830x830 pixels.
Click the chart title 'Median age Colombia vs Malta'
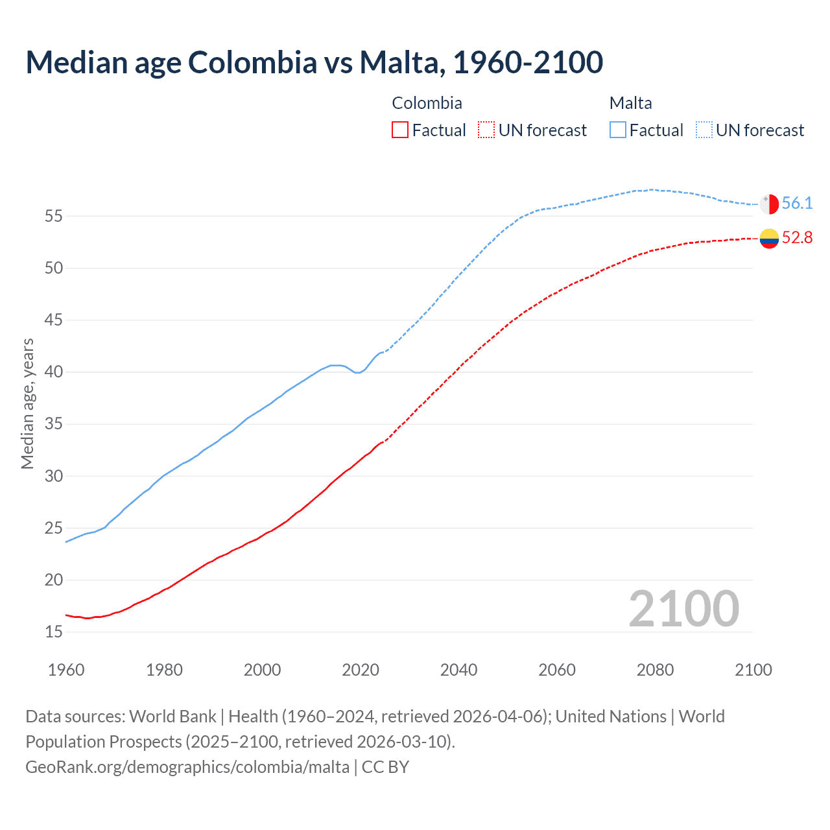click(x=314, y=62)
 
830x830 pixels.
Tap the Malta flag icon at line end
click(x=769, y=204)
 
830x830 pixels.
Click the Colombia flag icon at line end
click(x=769, y=239)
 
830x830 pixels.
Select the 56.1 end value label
click(x=797, y=204)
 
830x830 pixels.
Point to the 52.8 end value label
click(x=797, y=238)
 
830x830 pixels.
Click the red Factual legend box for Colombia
click(x=400, y=130)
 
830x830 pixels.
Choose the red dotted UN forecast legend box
click(x=486, y=130)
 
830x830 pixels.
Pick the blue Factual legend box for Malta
click(x=618, y=130)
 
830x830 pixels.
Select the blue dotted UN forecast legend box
click(x=704, y=130)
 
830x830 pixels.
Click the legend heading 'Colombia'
click(x=427, y=103)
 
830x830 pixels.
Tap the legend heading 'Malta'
click(x=630, y=103)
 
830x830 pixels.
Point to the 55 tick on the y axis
click(x=54, y=216)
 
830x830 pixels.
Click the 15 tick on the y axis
click(x=54, y=632)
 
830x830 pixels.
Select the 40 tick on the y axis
click(x=54, y=372)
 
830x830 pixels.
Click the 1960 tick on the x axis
click(x=66, y=670)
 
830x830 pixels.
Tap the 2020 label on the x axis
click(x=361, y=670)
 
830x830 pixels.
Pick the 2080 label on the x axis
click(x=655, y=670)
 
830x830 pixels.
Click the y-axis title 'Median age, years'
click(x=27, y=403)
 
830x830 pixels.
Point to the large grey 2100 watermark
click(x=683, y=609)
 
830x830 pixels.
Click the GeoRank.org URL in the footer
click(x=187, y=767)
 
